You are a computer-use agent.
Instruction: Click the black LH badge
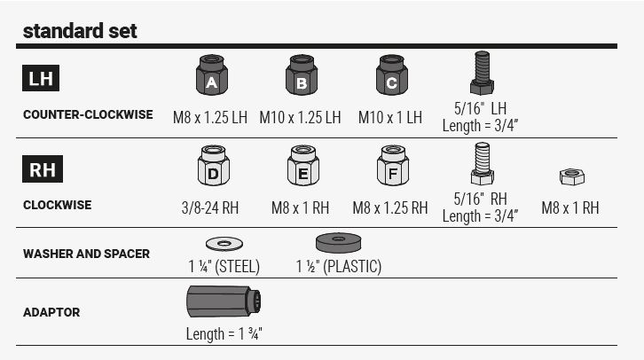pyautogui.click(x=41, y=79)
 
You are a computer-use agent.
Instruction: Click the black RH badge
pyautogui.click(x=42, y=169)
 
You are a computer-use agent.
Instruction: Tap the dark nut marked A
pyautogui.click(x=211, y=75)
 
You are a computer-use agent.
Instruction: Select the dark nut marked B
pyautogui.click(x=301, y=75)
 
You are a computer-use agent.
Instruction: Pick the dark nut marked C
pyautogui.click(x=391, y=75)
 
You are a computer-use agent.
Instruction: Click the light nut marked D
pyautogui.click(x=213, y=166)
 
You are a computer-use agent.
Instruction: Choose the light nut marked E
pyautogui.click(x=302, y=166)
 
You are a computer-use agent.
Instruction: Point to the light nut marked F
pyautogui.click(x=392, y=166)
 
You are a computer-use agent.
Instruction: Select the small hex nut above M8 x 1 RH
pyautogui.click(x=571, y=176)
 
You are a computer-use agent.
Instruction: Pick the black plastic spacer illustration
pyautogui.click(x=338, y=242)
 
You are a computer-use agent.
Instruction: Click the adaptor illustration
pyautogui.click(x=224, y=302)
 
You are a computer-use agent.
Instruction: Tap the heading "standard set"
pyautogui.click(x=79, y=31)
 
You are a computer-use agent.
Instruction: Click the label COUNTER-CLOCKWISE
pyautogui.click(x=88, y=114)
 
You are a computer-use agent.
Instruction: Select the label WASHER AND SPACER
pyautogui.click(x=86, y=254)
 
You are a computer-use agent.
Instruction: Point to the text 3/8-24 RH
pyautogui.click(x=209, y=208)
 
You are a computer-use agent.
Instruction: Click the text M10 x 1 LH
pyautogui.click(x=390, y=117)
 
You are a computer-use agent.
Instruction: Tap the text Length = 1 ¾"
pyautogui.click(x=224, y=334)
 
